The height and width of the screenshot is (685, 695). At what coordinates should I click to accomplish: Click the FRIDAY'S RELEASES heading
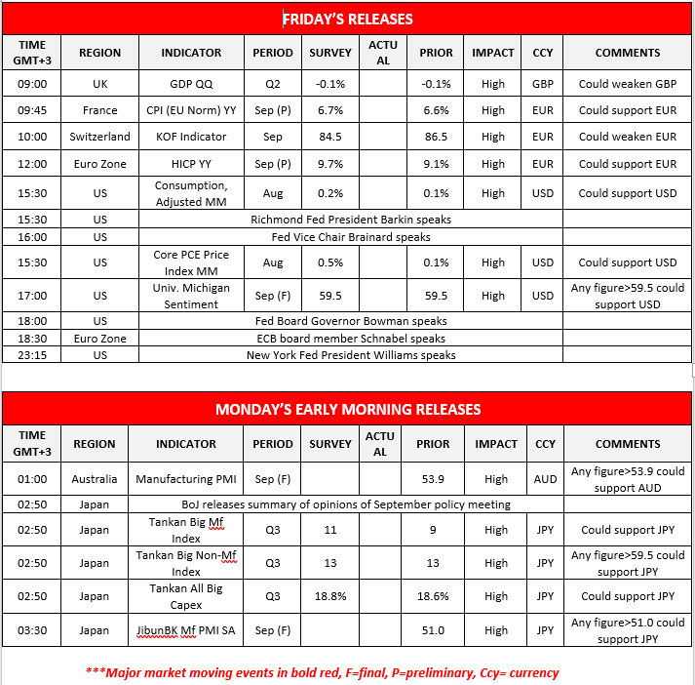pyautogui.click(x=348, y=19)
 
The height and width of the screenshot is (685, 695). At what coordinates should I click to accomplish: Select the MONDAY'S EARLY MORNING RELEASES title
pyautogui.click(x=348, y=409)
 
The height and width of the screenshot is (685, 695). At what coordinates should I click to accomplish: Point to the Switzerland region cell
pyautogui.click(x=100, y=137)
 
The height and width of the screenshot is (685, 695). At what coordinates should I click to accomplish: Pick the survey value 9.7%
pyautogui.click(x=330, y=164)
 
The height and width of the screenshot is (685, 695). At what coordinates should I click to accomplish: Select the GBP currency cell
pyautogui.click(x=543, y=84)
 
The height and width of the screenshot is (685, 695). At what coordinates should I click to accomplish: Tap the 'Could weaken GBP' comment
pyautogui.click(x=628, y=84)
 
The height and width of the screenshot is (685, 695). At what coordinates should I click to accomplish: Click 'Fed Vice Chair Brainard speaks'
pyautogui.click(x=350, y=236)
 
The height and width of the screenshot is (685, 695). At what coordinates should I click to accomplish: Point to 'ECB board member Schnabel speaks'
pyautogui.click(x=350, y=338)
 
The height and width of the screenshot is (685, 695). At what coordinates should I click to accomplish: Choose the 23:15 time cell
pyautogui.click(x=32, y=355)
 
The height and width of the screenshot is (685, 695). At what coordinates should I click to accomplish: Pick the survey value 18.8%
pyautogui.click(x=330, y=595)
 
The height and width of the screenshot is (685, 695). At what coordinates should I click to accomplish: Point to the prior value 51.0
pyautogui.click(x=433, y=630)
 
